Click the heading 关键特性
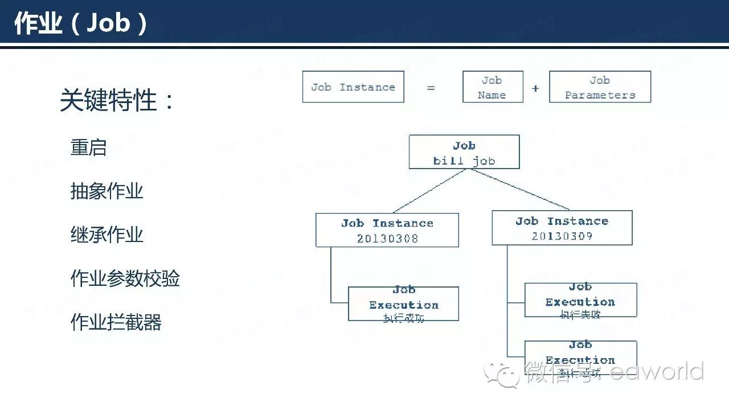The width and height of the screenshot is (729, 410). coord(117,100)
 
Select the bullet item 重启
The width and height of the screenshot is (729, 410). coord(88,147)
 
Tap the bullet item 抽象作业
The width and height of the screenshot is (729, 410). coord(107,191)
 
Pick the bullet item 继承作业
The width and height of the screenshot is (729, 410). coord(107,234)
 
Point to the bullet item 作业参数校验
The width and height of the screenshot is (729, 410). coord(125,278)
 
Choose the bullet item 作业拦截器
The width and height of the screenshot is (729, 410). coord(116,322)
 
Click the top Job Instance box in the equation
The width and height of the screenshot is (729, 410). coord(353,87)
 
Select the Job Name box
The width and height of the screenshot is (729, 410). coord(493,87)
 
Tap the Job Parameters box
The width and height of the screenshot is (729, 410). coord(600,87)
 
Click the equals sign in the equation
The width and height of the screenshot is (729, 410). coord(431,88)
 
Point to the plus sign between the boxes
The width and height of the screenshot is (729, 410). coord(535,88)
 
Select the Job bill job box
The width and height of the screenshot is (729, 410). coord(464,152)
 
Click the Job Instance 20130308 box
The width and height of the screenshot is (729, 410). coord(387,230)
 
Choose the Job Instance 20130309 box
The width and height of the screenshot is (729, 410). coord(562,228)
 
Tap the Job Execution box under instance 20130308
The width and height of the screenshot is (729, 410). coord(403,304)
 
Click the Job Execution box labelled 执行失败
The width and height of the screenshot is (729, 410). coord(580,300)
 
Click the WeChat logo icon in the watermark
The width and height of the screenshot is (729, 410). coord(501,373)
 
